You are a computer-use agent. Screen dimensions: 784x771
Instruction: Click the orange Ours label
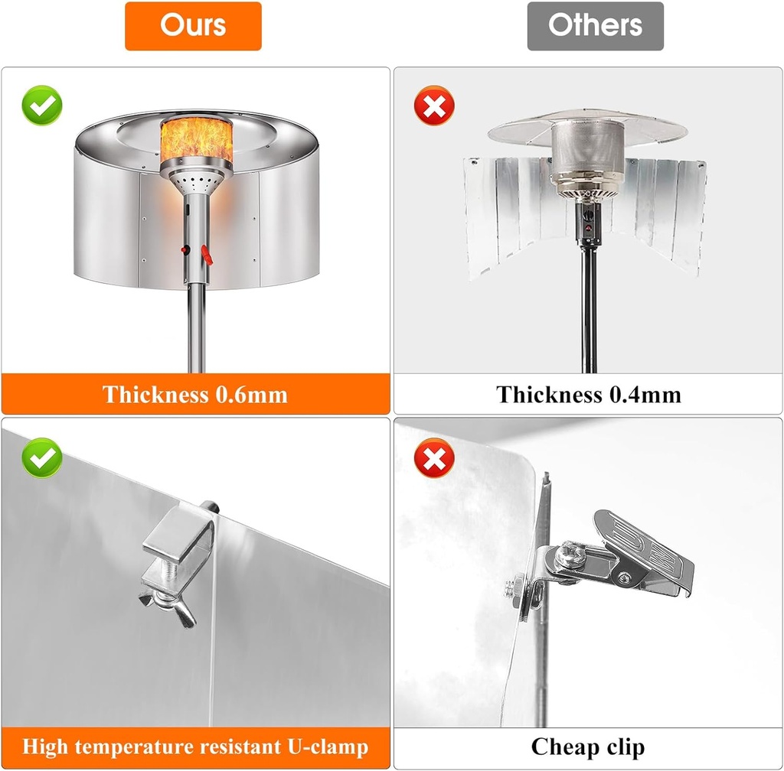coord(193,26)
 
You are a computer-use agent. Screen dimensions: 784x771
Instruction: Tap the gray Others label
coord(595,26)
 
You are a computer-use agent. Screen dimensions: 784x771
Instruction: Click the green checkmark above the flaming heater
coord(42,106)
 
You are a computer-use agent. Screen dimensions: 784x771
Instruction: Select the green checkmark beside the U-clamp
coord(42,458)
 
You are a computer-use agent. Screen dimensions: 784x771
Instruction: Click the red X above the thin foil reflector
coord(434,106)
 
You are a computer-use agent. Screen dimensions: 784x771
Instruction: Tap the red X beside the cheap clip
coord(434,458)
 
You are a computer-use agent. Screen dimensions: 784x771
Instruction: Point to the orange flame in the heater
coord(197,141)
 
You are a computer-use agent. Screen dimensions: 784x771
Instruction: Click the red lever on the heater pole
coord(207,255)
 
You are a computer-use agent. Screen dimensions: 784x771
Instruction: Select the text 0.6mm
coord(251,395)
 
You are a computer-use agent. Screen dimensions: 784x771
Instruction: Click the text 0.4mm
coord(645,395)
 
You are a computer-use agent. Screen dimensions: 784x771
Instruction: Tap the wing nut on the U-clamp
coord(168,607)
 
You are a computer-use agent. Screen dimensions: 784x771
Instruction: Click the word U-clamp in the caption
coord(328,747)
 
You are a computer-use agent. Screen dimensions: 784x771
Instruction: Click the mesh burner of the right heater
coord(588,150)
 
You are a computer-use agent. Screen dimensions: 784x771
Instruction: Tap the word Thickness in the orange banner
coord(155,395)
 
